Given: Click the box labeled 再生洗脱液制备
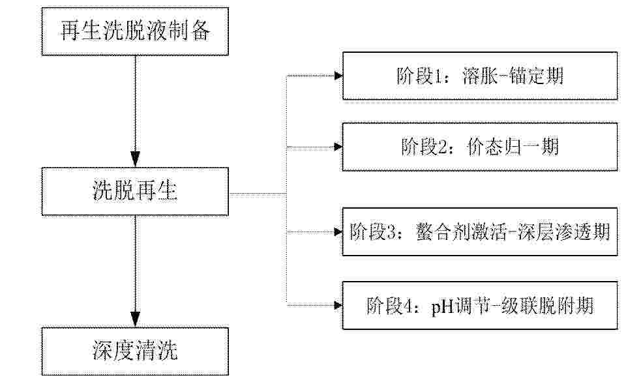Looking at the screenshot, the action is [135, 31].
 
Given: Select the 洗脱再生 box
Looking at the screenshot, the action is [135, 192].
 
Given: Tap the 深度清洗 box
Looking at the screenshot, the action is [135, 351].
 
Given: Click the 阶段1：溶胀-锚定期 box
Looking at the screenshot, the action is [480, 76].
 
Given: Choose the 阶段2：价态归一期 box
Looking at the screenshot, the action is [480, 147].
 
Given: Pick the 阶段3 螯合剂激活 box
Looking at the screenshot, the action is [480, 231].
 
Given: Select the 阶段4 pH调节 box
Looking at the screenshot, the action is [480, 305].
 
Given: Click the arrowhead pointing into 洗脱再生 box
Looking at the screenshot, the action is [136, 160].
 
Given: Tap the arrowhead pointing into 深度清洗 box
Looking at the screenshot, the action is [136, 319].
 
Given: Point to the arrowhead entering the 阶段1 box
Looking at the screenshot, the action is [338, 76].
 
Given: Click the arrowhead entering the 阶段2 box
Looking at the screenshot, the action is [338, 147].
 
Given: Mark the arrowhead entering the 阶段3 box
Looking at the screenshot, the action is [338, 231].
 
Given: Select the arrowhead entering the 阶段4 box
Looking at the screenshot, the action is [338, 305].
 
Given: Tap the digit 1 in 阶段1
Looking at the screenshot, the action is [438, 76].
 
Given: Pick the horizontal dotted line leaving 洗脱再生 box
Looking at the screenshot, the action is [258, 194].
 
